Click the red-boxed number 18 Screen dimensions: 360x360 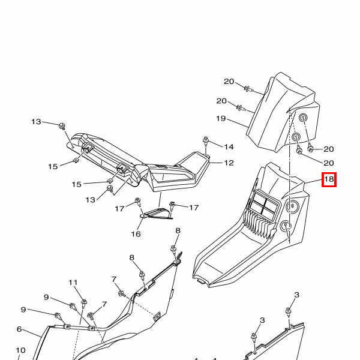pyautogui.click(x=329, y=179)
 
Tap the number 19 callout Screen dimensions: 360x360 pyautogui.click(x=221, y=119)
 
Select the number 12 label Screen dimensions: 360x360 pyautogui.click(x=229, y=163)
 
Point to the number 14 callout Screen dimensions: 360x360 pyautogui.click(x=229, y=146)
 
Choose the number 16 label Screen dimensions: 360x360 pyautogui.click(x=136, y=233)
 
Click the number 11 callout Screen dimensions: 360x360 pyautogui.click(x=73, y=282)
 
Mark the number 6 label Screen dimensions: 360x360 pyautogui.click(x=19, y=329)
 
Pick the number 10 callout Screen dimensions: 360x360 pyautogui.click(x=20, y=350)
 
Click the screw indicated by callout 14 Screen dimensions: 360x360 pyautogui.click(x=206, y=142)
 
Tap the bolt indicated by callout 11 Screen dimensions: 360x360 pyautogui.click(x=83, y=302)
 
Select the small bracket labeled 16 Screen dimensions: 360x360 pyautogui.click(x=157, y=214)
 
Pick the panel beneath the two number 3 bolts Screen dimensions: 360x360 pyautogui.click(x=282, y=342)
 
